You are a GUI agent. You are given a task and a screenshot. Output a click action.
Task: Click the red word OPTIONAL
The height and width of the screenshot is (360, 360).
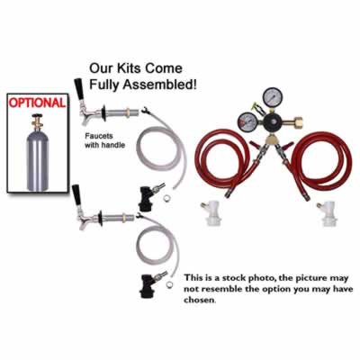coord(37,103)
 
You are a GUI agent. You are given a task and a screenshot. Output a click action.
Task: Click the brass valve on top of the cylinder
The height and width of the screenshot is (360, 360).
coord(38,121)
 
